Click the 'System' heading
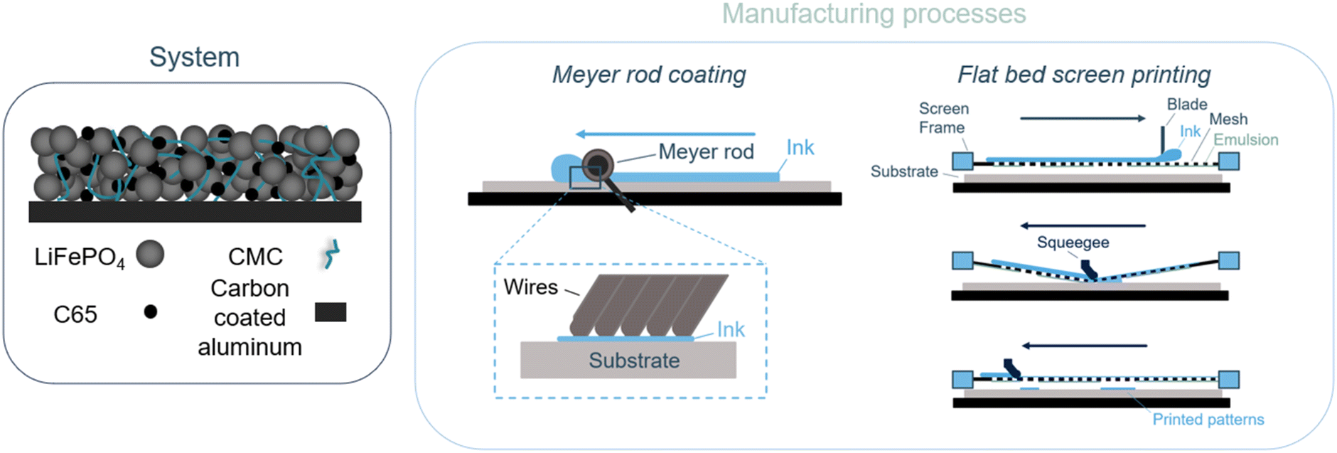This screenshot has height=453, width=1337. point(194,57)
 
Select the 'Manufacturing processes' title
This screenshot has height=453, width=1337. point(874,14)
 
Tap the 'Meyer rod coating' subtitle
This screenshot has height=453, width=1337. point(649,75)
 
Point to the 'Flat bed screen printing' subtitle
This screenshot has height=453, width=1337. point(1083,75)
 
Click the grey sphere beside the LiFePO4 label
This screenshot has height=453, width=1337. point(150,254)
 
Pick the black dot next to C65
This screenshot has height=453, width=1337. point(150,311)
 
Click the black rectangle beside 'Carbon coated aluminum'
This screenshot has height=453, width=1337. point(331,312)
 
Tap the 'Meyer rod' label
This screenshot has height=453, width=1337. point(706,151)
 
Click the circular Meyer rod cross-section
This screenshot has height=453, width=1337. point(598,165)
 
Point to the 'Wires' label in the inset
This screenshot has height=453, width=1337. point(530,287)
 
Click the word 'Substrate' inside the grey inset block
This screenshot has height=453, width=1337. point(634,361)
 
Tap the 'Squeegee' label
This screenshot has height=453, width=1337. point(1073,243)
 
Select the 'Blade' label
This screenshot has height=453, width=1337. point(1186,105)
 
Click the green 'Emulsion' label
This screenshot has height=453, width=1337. point(1245,140)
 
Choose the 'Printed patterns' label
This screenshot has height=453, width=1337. point(1208,420)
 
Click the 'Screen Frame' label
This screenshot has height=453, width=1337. point(943,118)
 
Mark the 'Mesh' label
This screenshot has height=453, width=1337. point(1228,119)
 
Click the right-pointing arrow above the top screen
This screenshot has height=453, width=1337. point(1083,119)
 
